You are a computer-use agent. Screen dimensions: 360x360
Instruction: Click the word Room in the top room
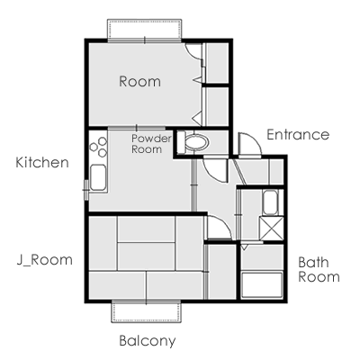click(139, 82)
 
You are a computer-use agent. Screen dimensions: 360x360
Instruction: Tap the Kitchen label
click(42, 163)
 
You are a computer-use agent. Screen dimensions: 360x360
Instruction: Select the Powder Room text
click(151, 144)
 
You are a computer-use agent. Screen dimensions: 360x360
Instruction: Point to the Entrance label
click(298, 135)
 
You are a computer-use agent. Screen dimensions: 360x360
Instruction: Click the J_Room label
click(44, 260)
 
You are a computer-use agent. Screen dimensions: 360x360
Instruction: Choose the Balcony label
click(148, 341)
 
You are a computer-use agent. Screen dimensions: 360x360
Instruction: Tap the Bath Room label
click(319, 270)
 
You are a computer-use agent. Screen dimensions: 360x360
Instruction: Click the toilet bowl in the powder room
click(196, 142)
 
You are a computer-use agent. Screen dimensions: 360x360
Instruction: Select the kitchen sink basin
click(98, 177)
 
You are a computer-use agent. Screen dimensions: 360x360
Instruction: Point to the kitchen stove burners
click(99, 147)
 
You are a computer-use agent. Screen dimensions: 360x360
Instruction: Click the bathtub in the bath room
click(262, 285)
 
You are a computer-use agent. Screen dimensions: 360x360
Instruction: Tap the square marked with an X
click(271, 229)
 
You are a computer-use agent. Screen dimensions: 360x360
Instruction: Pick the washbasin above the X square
click(271, 202)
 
